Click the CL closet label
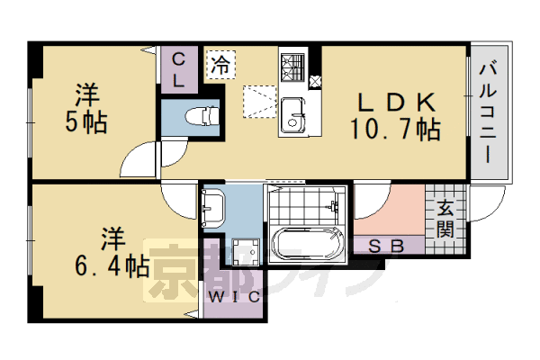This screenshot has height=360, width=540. [180, 69]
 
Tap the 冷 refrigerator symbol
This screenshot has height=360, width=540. [220, 65]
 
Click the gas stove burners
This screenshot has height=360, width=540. [293, 66]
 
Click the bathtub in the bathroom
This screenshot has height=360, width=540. [308, 244]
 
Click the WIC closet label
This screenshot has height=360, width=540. [235, 295]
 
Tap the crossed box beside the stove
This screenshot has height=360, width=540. [315, 81]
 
